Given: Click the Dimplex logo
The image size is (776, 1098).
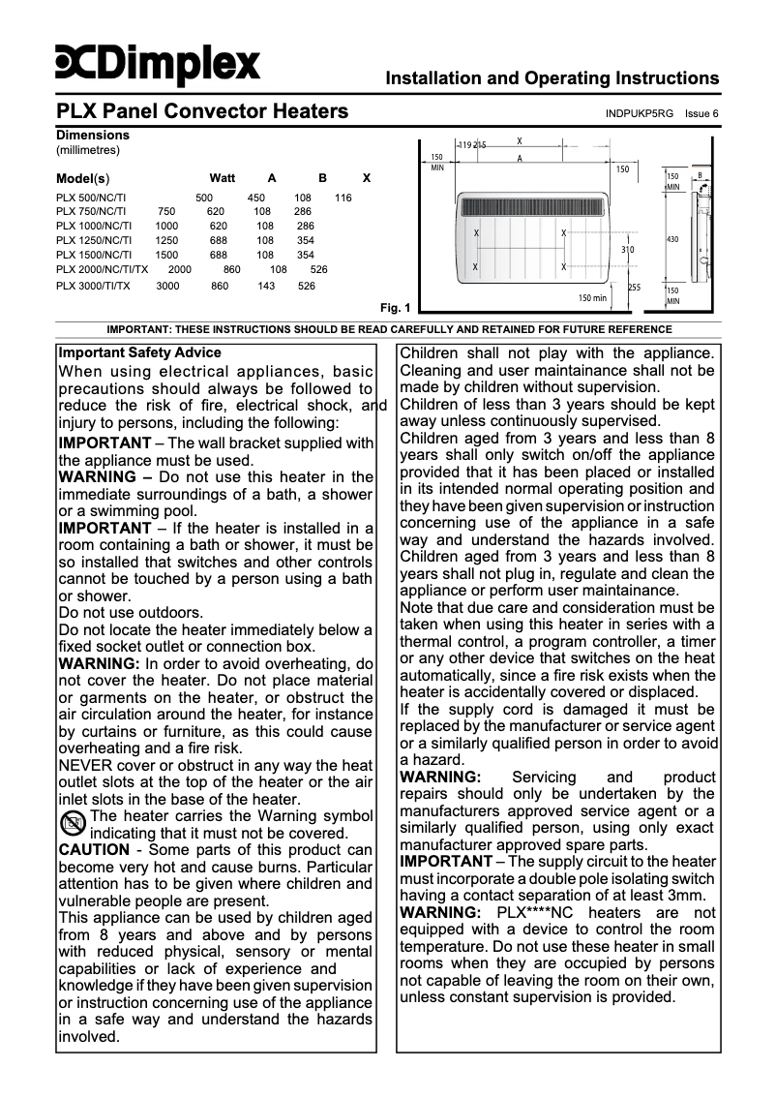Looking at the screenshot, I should click(158, 65).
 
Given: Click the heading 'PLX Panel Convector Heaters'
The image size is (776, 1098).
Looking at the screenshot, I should click(202, 111).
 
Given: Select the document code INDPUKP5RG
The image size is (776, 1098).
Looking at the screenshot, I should click(639, 113).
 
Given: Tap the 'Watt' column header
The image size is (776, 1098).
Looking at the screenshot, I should click(223, 179).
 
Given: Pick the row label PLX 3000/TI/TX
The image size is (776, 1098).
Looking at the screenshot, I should click(93, 287).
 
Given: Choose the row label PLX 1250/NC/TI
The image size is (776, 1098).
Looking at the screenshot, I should click(94, 241).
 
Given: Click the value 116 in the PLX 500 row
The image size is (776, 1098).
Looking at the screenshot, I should click(343, 198).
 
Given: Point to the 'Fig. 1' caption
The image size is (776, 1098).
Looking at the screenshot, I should click(395, 309).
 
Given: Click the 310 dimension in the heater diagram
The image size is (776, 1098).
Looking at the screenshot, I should click(627, 250).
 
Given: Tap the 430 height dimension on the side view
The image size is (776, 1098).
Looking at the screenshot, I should click(672, 238).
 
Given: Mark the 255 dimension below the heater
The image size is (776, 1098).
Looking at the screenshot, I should click(634, 288).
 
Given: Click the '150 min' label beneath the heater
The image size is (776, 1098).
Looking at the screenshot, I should click(592, 298).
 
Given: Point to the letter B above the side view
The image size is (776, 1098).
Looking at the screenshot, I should click(700, 175).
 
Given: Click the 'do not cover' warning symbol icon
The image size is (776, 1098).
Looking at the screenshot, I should click(73, 824).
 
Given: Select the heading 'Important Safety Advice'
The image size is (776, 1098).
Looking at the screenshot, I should click(139, 353).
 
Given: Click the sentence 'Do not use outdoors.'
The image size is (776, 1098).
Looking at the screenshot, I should click(131, 613).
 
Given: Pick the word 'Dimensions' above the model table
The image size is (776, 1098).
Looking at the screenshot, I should click(92, 136).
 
